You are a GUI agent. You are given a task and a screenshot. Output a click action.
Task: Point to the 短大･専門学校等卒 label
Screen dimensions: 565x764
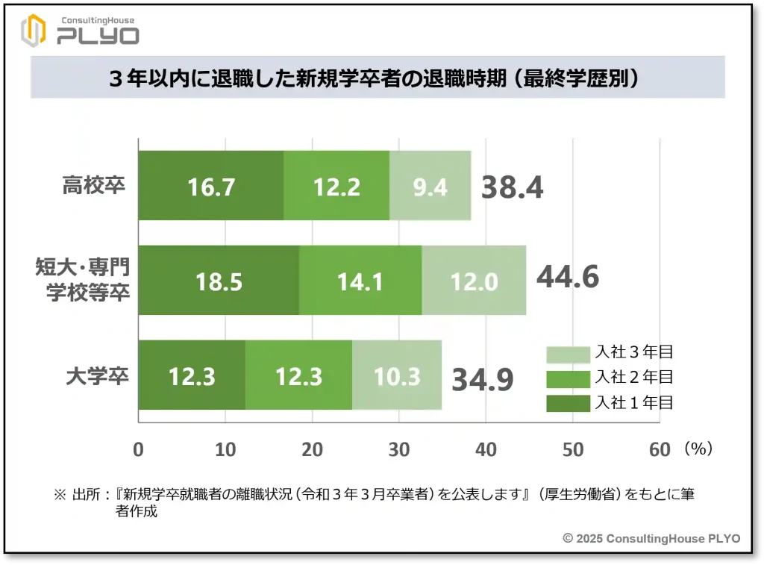pos(84,279)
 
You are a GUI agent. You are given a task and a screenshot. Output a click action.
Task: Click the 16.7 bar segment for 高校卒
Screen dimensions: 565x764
pos(211,186)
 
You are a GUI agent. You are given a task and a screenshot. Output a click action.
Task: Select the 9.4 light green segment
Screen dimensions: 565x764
pos(430,186)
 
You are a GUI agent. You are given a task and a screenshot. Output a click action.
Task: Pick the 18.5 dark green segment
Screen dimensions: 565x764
pos(219,281)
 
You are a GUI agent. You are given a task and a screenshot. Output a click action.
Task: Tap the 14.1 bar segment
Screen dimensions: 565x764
pos(360,281)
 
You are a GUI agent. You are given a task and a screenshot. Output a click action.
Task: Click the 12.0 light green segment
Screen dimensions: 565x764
pos(474,281)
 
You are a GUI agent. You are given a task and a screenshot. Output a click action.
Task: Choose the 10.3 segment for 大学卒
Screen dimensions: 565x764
pos(397,375)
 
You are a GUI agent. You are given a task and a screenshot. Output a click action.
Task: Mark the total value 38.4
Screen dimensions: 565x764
pos(512,188)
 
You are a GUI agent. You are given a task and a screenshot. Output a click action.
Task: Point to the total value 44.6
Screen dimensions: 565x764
pos(568,277)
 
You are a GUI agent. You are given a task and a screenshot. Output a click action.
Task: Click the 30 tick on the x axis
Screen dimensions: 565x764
pos(399,449)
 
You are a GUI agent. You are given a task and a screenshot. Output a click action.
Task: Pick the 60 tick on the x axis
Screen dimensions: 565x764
pos(660,449)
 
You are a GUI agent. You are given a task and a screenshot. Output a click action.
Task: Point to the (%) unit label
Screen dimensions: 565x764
pos(698,449)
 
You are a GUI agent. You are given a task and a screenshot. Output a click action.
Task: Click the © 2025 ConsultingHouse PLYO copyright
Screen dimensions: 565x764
pos(651,538)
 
